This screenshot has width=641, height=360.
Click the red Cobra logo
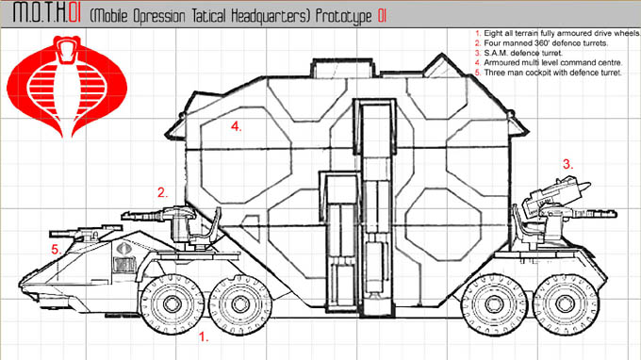[x=67, y=86]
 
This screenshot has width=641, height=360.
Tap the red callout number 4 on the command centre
[x=236, y=126]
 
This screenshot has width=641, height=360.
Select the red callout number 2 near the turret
[x=162, y=192]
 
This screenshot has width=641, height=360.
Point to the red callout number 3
[x=567, y=164]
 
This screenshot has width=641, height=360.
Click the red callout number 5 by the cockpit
[x=56, y=249]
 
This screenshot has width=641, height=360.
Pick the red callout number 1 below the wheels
[x=204, y=336]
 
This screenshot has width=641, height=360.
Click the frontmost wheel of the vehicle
[x=173, y=304]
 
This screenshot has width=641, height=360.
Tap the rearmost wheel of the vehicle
[x=566, y=304]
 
